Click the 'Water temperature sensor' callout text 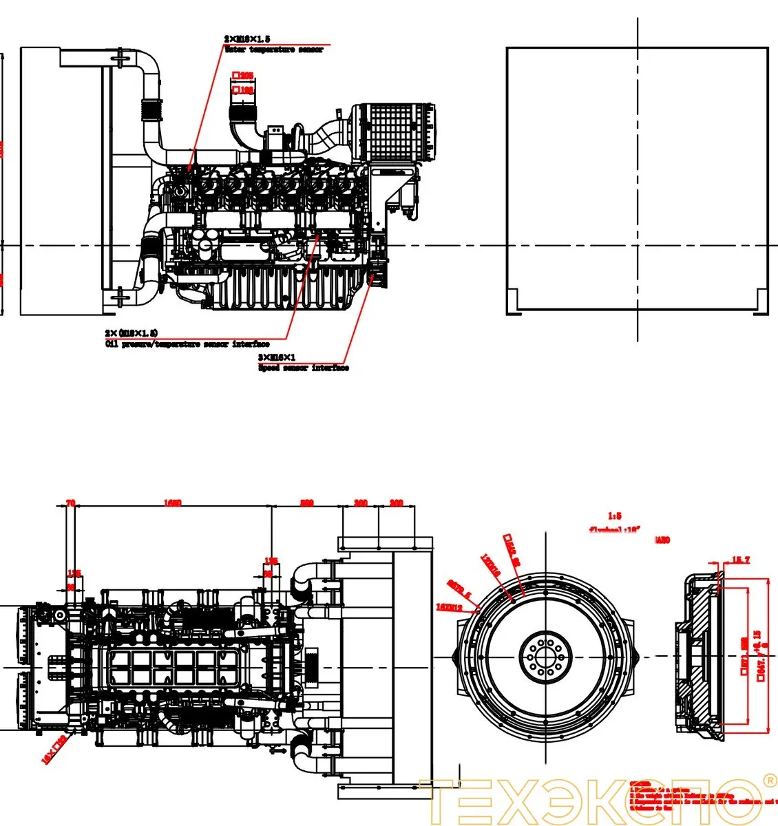click(x=273, y=50)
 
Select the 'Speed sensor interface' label click(x=303, y=368)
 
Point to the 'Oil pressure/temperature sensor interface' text click(x=187, y=344)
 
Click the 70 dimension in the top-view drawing click(x=70, y=503)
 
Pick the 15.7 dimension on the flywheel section click(x=740, y=560)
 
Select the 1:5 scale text click(x=614, y=516)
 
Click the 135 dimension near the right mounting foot click(x=271, y=561)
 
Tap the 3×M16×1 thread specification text click(x=277, y=357)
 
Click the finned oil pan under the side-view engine click(x=289, y=289)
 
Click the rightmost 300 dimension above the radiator click(x=396, y=503)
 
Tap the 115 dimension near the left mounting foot click(x=74, y=573)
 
